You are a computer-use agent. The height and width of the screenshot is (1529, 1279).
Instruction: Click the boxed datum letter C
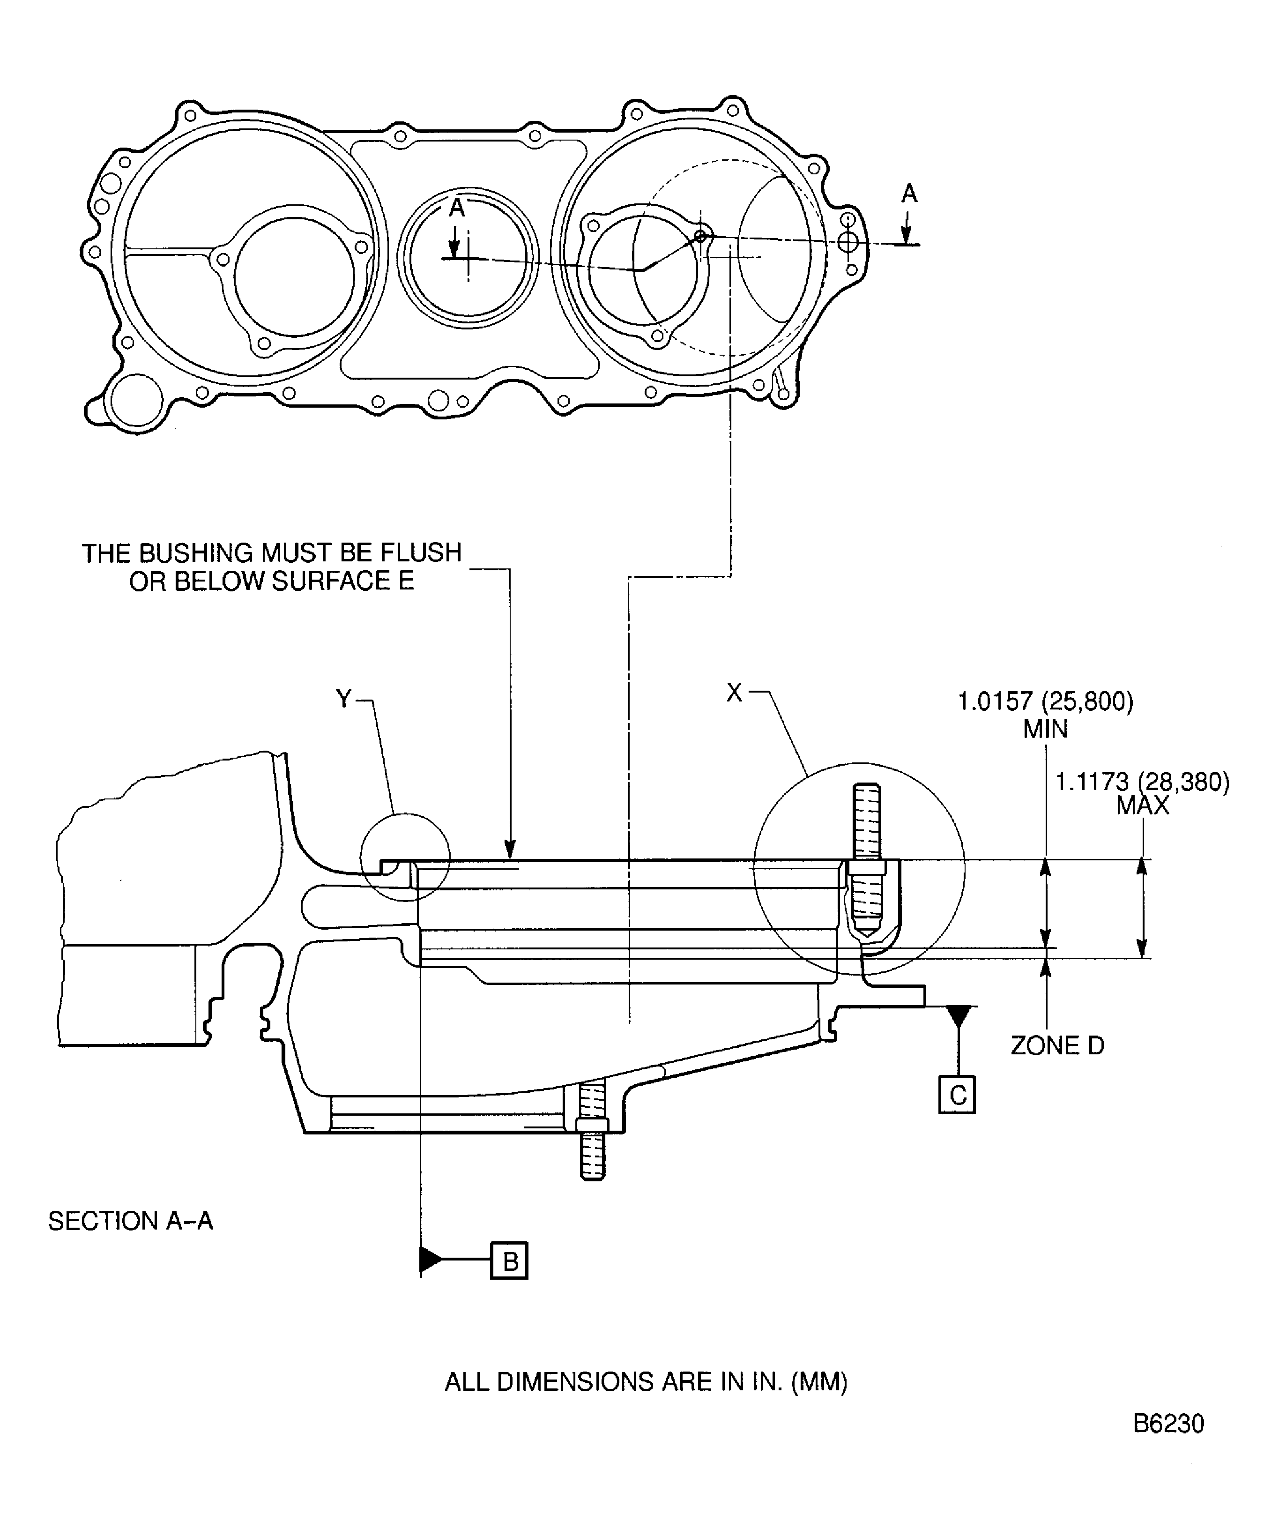[957, 1096]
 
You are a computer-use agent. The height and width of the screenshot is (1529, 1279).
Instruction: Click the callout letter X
[735, 693]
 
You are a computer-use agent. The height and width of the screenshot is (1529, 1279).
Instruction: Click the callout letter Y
[343, 699]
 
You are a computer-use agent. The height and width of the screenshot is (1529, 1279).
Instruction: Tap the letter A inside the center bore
[456, 208]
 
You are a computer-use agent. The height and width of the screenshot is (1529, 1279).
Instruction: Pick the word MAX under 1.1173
[1142, 806]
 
